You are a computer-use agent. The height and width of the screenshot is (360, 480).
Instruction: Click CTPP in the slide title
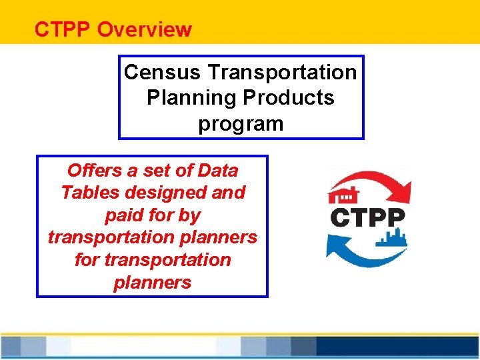coord(63,30)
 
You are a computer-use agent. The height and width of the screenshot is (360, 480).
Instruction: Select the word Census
coord(163,71)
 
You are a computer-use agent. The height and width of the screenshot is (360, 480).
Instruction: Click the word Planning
coord(192,97)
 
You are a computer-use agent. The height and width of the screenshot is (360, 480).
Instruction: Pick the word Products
coord(288,97)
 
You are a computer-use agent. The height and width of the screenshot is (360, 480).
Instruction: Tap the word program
coord(241,124)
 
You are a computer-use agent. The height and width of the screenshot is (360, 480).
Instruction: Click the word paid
coord(125,215)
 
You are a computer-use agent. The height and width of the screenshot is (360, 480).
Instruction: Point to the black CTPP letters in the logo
coord(367,217)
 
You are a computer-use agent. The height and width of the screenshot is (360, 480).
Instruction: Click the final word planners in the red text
coord(152,282)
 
